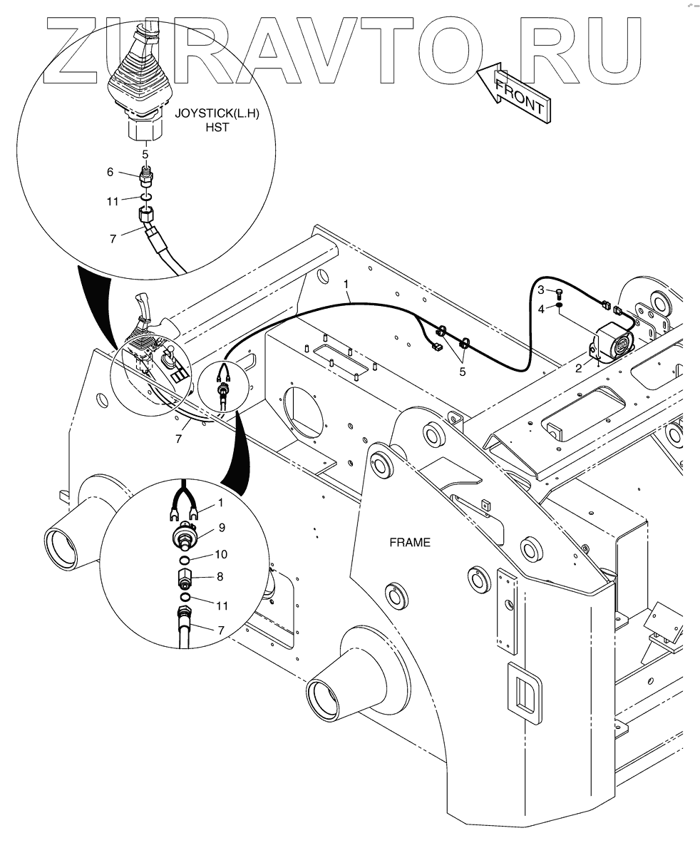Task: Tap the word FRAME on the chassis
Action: click(409, 542)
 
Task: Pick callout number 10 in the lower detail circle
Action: click(221, 554)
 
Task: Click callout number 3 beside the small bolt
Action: click(541, 290)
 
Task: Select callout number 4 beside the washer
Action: click(541, 308)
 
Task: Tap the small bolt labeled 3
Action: click(560, 293)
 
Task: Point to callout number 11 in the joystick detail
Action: click(113, 202)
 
